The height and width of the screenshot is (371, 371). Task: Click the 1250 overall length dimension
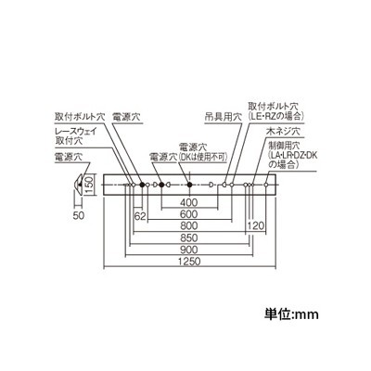coord(190,262)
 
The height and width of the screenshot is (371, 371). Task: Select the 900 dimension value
coord(189,249)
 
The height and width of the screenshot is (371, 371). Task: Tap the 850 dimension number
coord(189,237)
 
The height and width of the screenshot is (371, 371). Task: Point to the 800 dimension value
coord(189,225)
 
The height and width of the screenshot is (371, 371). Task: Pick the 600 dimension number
coord(189,214)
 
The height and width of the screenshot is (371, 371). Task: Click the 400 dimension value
coord(189,202)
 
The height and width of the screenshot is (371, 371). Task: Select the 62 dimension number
coord(140,216)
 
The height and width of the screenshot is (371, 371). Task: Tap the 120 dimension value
coord(256,225)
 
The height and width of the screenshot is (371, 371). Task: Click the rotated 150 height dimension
coord(89,185)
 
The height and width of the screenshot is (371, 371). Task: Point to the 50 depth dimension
coord(79,215)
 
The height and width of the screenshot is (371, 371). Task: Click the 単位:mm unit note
coord(291,314)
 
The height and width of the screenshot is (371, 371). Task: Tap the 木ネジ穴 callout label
coord(283,131)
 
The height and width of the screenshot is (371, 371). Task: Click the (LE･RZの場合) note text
coord(276,116)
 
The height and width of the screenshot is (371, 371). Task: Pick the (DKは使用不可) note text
coord(203,157)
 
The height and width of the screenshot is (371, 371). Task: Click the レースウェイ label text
coord(76,131)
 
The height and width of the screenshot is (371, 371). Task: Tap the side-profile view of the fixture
coord(79,185)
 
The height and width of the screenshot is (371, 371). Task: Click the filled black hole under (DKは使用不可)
coord(190,185)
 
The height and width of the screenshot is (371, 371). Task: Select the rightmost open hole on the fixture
coord(266,185)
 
